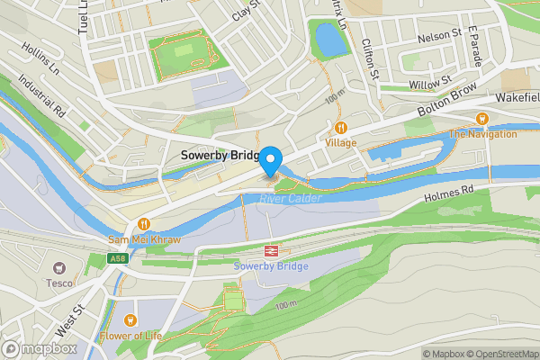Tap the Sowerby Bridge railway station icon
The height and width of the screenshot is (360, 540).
[x=269, y=252]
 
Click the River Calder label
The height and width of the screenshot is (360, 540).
[x=291, y=198]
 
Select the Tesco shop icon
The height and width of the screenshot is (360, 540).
[x=60, y=268]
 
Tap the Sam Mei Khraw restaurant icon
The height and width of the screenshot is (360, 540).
[x=143, y=224]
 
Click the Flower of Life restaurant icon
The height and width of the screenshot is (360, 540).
[x=131, y=320]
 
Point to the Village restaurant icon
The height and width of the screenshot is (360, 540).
[x=341, y=128]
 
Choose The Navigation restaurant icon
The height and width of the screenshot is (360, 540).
[x=482, y=119]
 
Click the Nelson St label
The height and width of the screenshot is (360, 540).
[x=439, y=33]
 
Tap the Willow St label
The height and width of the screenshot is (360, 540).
[x=429, y=83]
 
